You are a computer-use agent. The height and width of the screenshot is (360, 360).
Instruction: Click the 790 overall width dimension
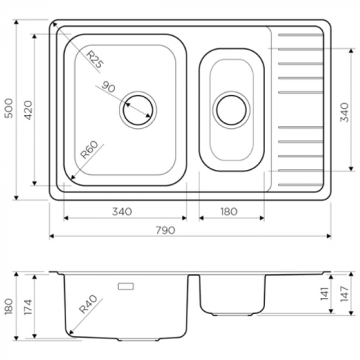[x=166, y=230]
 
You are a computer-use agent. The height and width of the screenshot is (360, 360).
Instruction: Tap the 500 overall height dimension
[x=9, y=108]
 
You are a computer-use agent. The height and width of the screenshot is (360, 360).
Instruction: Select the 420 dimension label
[x=28, y=110]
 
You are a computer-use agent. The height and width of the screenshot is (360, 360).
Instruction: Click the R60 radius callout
[x=89, y=150]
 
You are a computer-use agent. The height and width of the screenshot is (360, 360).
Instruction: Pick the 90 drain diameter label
[x=109, y=86]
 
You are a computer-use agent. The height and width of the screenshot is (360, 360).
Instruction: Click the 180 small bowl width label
[x=229, y=212]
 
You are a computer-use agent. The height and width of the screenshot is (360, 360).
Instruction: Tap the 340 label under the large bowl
[x=122, y=212]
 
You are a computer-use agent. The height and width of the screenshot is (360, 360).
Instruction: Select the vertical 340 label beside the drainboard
[x=344, y=112]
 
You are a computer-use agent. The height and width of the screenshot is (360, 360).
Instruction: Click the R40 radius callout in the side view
[x=89, y=305]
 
